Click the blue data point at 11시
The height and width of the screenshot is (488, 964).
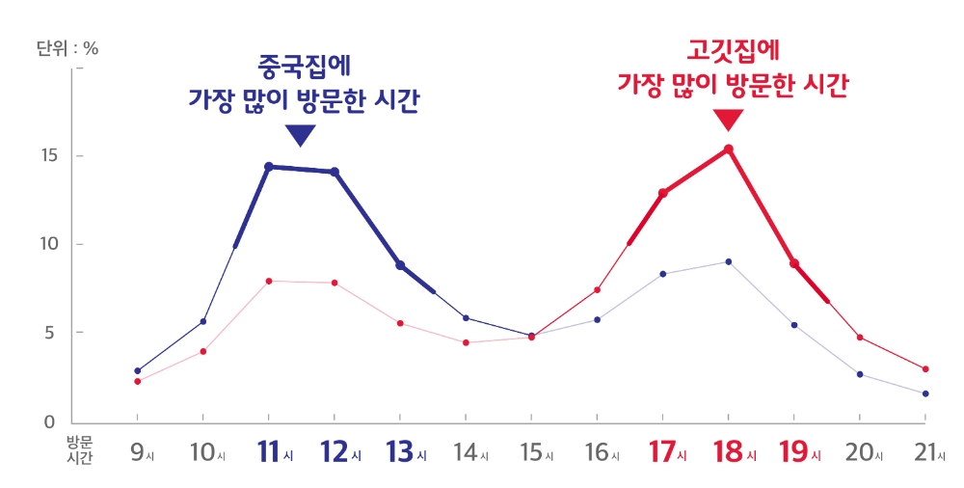(x=269, y=167)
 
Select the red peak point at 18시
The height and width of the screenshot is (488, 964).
(x=729, y=149)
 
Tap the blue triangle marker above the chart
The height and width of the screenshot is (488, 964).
(x=301, y=136)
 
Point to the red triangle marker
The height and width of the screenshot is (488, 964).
(x=729, y=120)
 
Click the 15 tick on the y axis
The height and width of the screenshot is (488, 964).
(x=51, y=156)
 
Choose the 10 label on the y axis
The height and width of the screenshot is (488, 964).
(x=51, y=245)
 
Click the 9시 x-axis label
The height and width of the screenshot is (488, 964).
(x=141, y=452)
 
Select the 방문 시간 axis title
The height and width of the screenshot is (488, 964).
(x=79, y=450)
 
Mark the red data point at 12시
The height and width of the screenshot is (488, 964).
(x=335, y=283)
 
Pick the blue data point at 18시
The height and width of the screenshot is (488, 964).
(x=729, y=261)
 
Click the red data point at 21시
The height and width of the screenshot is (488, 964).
(x=925, y=369)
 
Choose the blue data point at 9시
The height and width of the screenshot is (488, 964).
(x=138, y=370)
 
